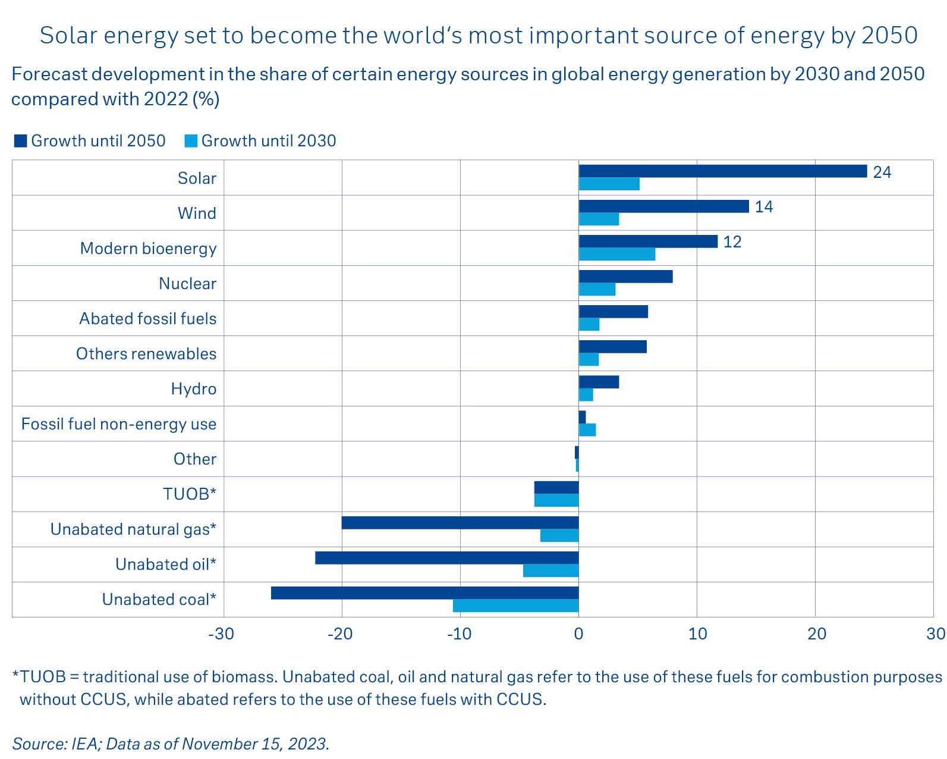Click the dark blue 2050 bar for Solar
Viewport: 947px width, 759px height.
722,171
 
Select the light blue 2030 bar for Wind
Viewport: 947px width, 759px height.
599,219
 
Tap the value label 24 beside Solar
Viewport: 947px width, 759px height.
882,172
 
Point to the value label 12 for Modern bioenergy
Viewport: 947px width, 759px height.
732,242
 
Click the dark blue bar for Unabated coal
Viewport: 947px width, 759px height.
424,593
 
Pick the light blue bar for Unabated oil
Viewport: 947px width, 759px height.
550,570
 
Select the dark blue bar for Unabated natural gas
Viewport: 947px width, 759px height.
460,523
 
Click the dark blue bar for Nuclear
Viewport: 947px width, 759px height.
625,277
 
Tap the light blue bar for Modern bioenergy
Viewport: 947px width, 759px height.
616,255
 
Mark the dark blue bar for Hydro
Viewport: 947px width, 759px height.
599,382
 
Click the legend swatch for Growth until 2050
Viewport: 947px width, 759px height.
21,141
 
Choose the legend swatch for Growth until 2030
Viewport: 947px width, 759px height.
191,141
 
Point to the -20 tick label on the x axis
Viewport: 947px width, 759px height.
340,634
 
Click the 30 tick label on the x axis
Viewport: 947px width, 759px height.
935,634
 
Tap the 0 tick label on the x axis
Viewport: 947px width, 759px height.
578,634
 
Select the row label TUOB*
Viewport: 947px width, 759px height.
190,494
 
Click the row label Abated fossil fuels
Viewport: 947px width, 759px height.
148,319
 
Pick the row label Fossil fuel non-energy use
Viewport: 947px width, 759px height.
119,424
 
